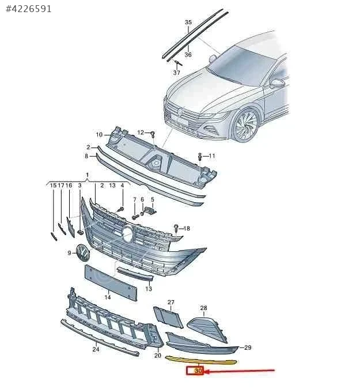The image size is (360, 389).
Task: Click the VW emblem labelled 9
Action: point(83,252)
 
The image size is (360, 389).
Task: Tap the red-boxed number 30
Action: point(198,371)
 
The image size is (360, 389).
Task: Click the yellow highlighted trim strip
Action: point(200,360)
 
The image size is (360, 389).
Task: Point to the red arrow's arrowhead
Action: point(207,371)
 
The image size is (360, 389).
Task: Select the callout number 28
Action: point(203,308)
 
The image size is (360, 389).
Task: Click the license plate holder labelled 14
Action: point(111,282)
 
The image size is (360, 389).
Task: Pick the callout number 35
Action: point(188,22)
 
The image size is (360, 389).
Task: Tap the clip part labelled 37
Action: point(177,63)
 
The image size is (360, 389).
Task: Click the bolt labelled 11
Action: point(200,156)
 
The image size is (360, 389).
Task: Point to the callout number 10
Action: point(99,135)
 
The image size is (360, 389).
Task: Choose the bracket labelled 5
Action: point(151,211)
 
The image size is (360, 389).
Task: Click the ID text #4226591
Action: point(29,9)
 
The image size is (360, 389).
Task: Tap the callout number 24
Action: point(96,349)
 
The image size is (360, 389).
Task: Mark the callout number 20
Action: point(158,355)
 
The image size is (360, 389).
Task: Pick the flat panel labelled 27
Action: point(168,317)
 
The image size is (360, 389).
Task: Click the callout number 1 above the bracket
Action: point(87,175)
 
